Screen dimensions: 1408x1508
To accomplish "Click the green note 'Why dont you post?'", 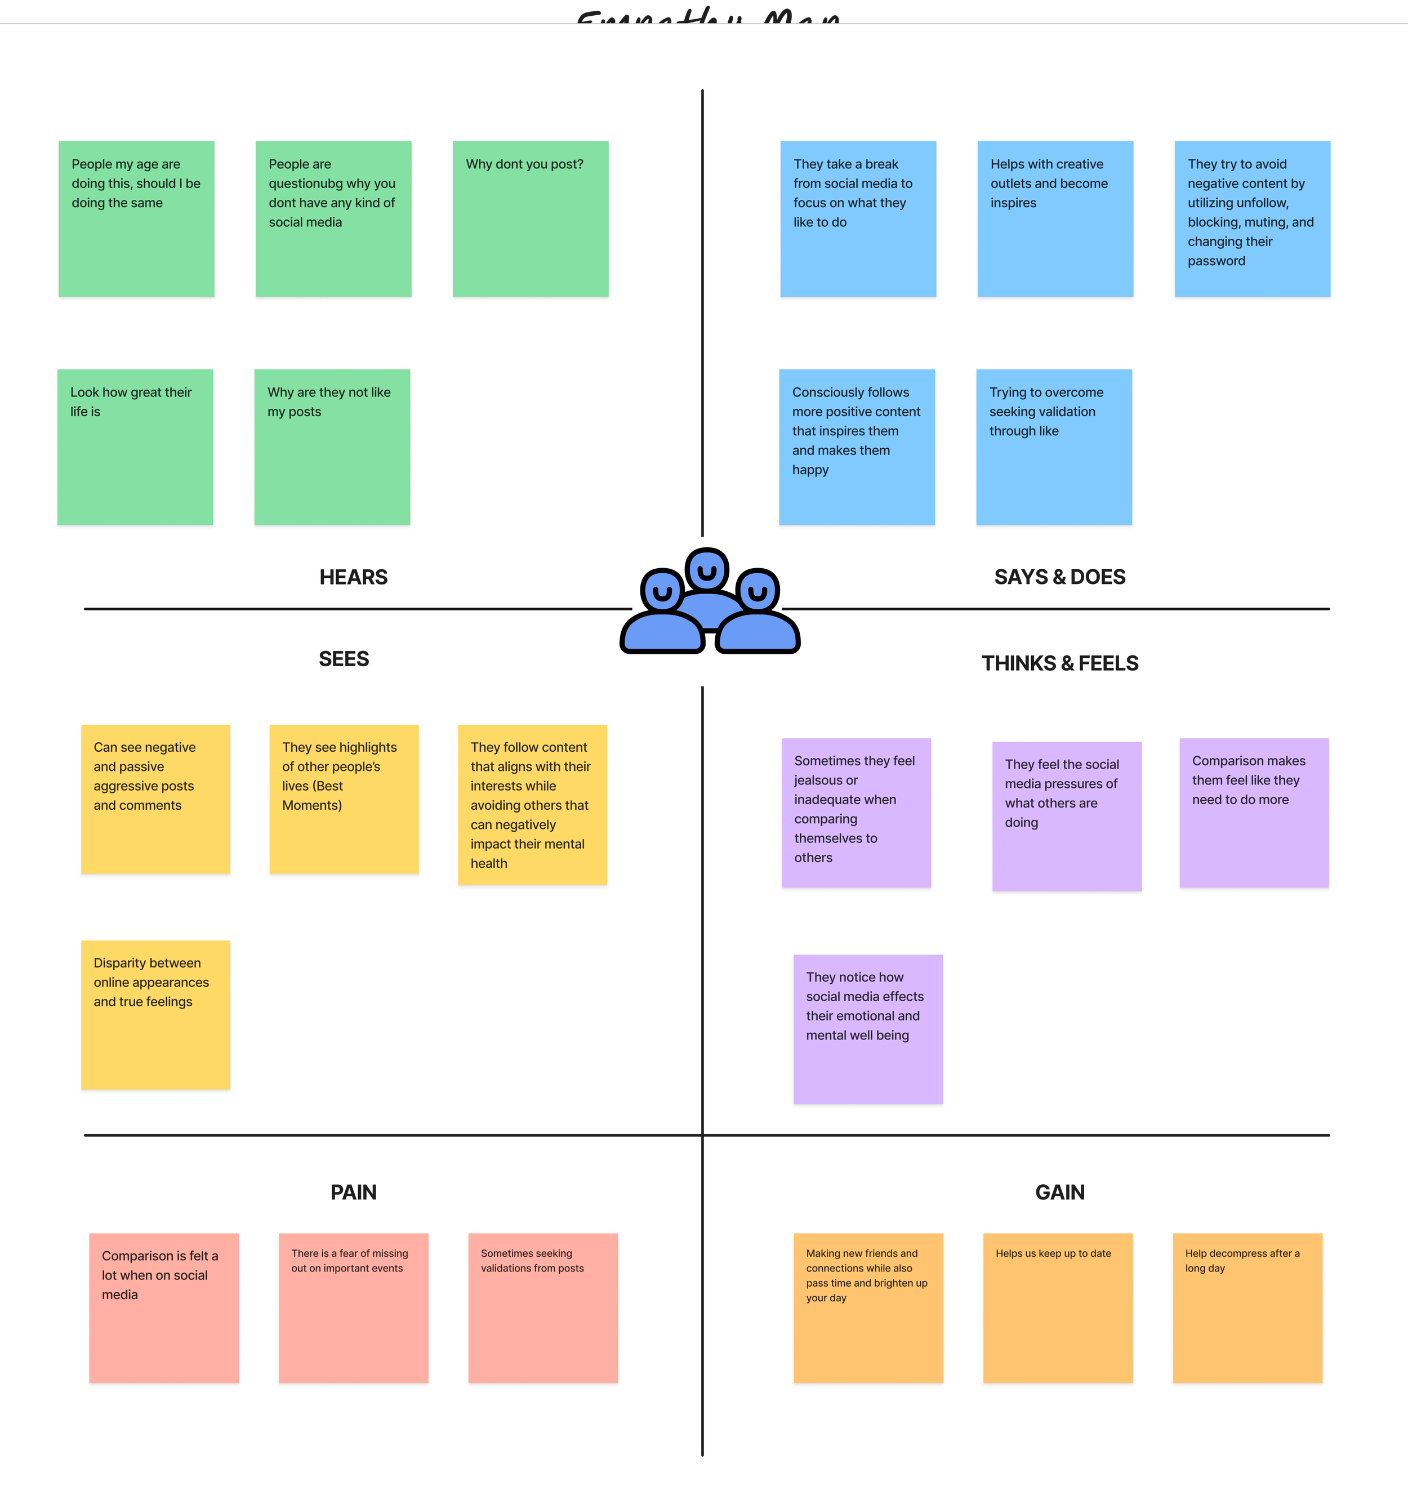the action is point(531,218).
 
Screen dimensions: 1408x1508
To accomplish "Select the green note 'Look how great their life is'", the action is point(135,447).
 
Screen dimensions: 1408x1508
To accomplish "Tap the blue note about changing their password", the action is point(1252,218).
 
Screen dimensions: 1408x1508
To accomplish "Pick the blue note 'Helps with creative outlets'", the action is point(1054,218).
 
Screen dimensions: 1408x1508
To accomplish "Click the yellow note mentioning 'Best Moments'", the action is point(344,798).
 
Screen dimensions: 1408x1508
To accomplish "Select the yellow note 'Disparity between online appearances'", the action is point(155,1015).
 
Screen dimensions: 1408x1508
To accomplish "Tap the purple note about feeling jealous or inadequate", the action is point(856,813).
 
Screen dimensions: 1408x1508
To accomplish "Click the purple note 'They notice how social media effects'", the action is point(868,1029).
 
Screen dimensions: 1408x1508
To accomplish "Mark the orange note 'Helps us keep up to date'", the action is point(1058,1308).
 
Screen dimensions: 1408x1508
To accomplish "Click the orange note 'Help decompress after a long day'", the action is point(1247,1308).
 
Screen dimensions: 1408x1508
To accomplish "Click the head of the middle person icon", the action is point(707,570).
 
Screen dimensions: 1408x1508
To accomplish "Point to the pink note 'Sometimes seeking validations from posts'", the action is point(542,1308).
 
